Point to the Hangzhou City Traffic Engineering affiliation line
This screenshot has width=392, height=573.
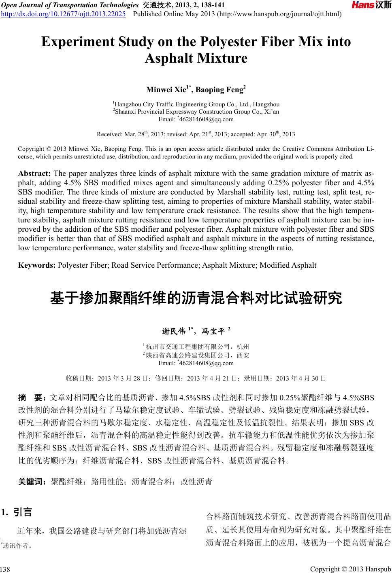click(x=196, y=104)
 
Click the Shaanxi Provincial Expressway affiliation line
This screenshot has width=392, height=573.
click(x=196, y=112)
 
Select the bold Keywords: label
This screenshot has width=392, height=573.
click(x=37, y=265)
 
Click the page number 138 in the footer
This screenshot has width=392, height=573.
click(x=5, y=569)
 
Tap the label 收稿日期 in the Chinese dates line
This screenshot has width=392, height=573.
click(x=79, y=379)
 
